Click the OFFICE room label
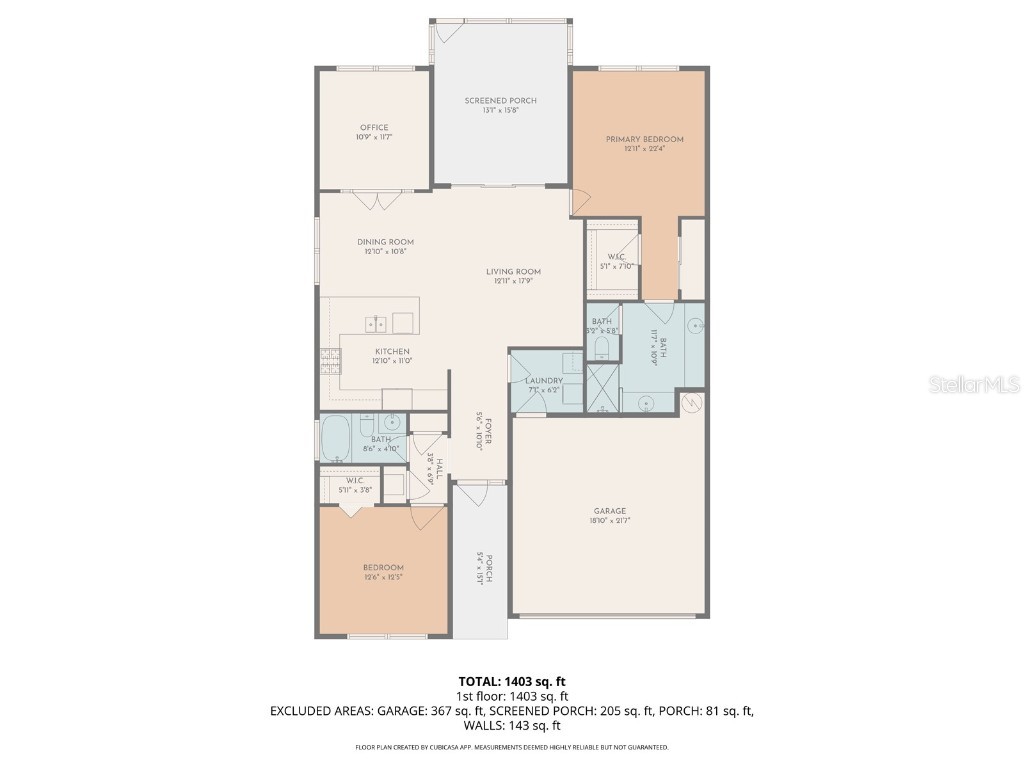pos(374,128)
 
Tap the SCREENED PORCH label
pos(500,101)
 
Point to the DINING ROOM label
pos(385,242)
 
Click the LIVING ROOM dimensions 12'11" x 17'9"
pos(514,282)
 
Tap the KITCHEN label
pos(392,351)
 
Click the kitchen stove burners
pos(330,359)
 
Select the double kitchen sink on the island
pos(377,323)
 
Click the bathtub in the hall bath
pos(335,438)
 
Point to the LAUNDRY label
pos(545,381)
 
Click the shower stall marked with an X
pos(602,389)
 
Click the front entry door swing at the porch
pos(471,490)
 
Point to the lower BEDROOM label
pos(384,568)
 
